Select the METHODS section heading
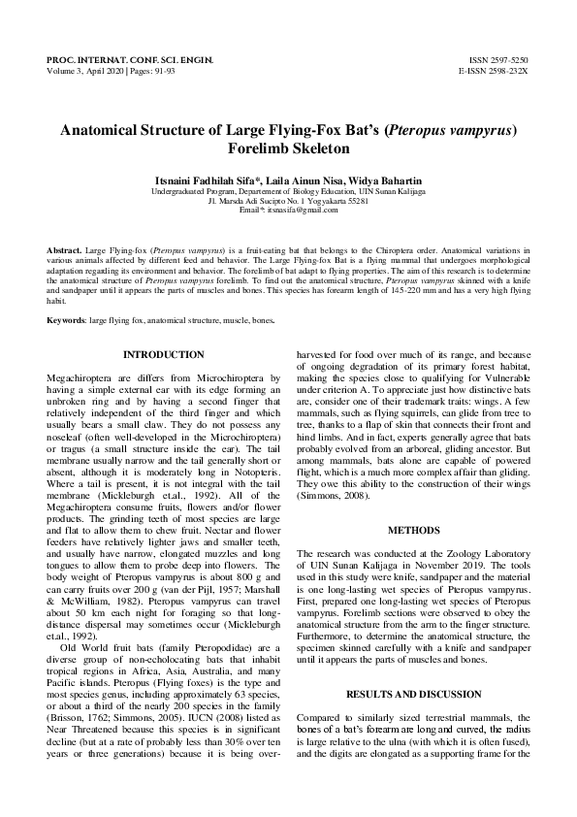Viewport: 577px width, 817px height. [x=414, y=531]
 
